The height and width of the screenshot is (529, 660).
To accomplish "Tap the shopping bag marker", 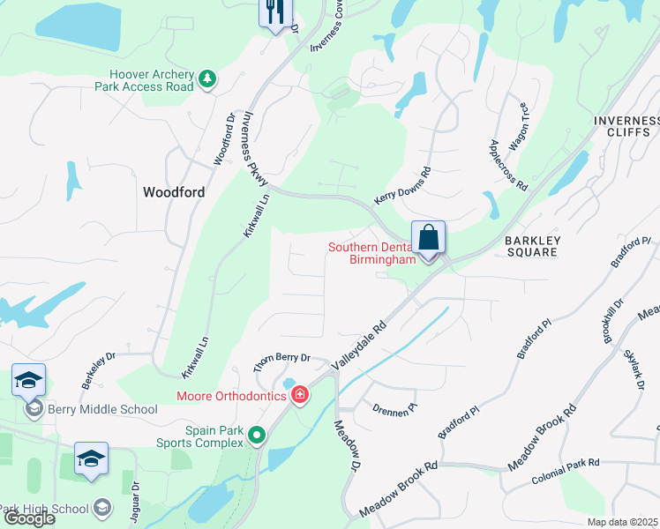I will (x=428, y=238).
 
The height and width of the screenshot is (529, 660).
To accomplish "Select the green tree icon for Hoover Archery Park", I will (x=207, y=80).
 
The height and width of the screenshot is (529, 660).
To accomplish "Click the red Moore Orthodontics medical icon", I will (x=300, y=394).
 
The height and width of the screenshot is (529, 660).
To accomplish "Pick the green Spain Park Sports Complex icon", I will (x=257, y=435).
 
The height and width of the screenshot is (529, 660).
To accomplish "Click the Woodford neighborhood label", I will (x=175, y=192).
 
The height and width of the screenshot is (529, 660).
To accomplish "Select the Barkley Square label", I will (x=531, y=245).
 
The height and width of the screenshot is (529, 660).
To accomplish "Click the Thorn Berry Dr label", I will (x=282, y=358).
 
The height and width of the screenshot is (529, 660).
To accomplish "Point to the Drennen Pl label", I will (x=394, y=408).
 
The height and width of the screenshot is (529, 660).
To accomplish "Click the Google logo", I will (x=28, y=518).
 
